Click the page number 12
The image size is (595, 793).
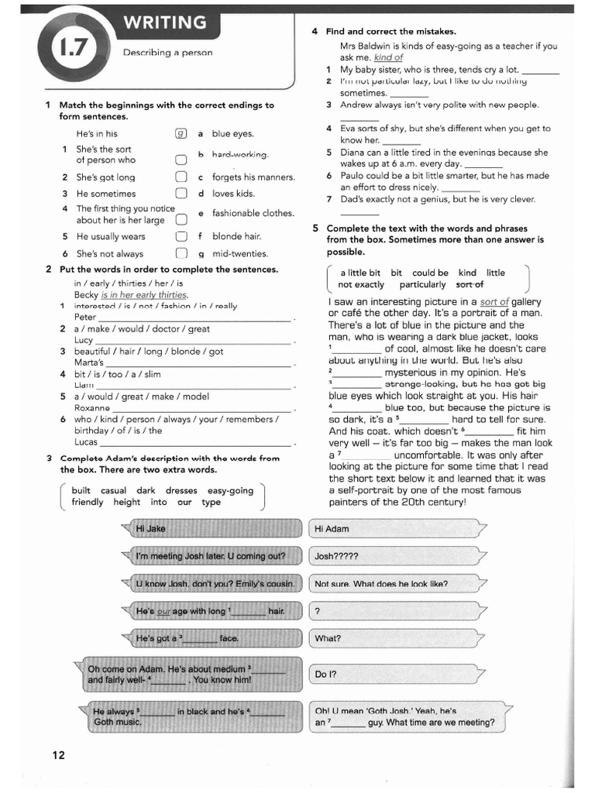tap(59, 755)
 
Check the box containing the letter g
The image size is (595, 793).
tap(181, 133)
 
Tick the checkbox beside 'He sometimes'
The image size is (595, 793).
tap(181, 194)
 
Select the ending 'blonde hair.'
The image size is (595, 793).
tap(236, 236)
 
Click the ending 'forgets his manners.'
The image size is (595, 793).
tap(253, 177)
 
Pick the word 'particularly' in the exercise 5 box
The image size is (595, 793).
tap(423, 285)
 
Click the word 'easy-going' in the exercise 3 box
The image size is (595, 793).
tap(231, 490)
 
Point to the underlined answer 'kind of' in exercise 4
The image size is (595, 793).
tap(388, 57)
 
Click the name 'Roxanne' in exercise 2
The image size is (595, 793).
tap(92, 408)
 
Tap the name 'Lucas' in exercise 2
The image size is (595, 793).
tap(86, 442)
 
